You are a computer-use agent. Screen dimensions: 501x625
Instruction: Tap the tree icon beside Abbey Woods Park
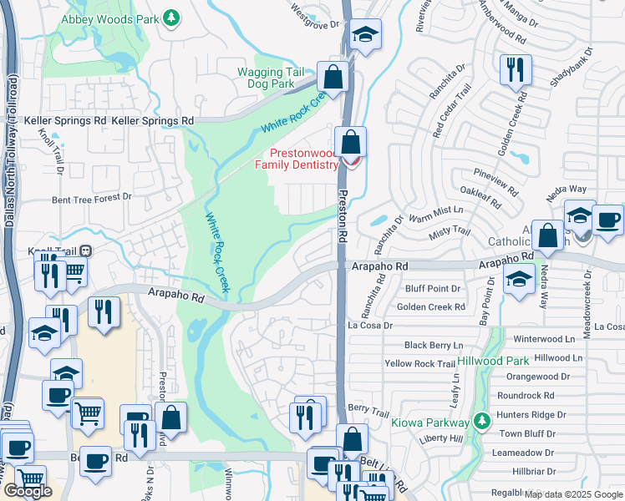click(x=171, y=17)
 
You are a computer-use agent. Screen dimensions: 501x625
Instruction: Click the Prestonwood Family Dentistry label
click(x=303, y=159)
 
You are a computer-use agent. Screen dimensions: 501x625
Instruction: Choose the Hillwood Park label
click(x=493, y=361)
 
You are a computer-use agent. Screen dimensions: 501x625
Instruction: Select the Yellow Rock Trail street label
click(x=420, y=364)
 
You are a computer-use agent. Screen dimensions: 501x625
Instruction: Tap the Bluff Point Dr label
click(x=433, y=289)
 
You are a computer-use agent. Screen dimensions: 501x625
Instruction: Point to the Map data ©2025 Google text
click(x=573, y=494)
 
